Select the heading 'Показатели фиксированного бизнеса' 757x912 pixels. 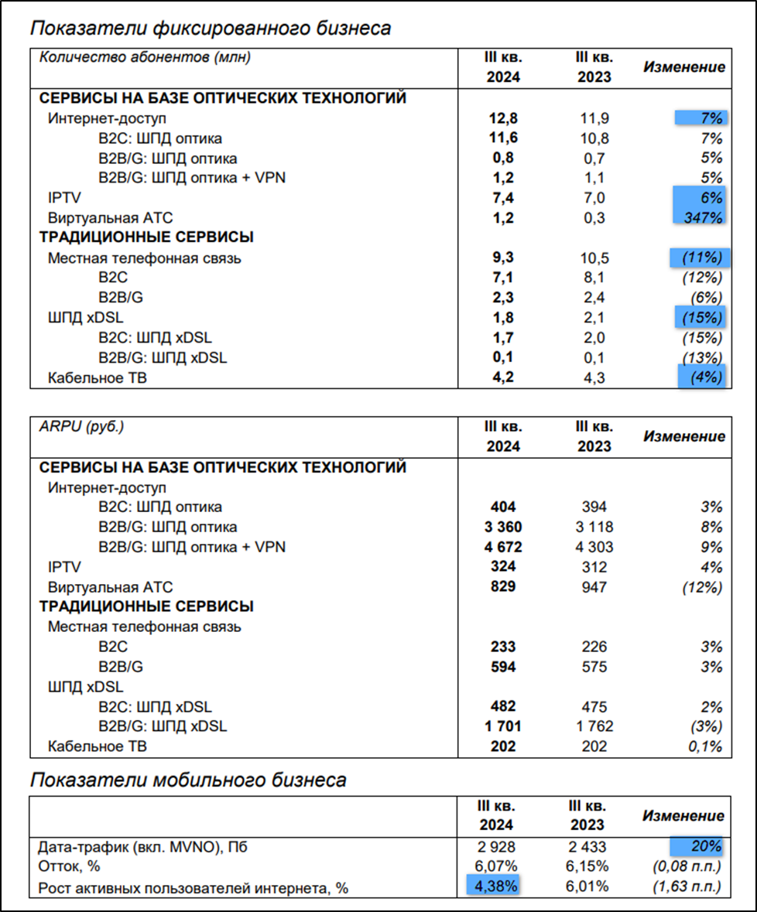point(210,29)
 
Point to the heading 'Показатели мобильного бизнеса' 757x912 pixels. point(188,780)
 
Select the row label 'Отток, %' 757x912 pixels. point(70,866)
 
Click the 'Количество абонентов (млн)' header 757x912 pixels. point(145,56)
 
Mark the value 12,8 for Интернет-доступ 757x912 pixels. point(502,118)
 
